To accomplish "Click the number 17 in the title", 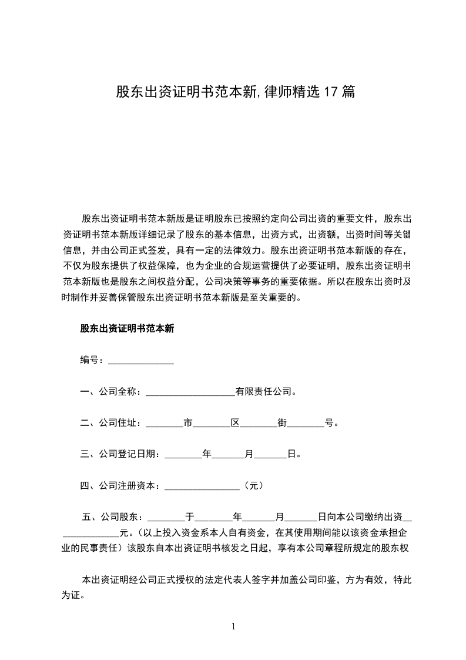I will tap(331, 92).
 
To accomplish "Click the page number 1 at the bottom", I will tap(233, 626).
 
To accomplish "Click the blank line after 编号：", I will tap(141, 360).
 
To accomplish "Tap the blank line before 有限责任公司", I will tap(190, 391).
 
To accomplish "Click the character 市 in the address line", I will tap(188, 422).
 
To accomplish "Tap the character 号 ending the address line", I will tap(330, 422).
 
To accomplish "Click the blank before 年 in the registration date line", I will tap(183, 454).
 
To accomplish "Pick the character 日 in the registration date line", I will tap(291, 454).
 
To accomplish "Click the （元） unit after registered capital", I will tap(252, 485).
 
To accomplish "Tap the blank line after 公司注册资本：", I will tap(203, 485).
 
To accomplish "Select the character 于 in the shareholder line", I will tap(190, 517).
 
